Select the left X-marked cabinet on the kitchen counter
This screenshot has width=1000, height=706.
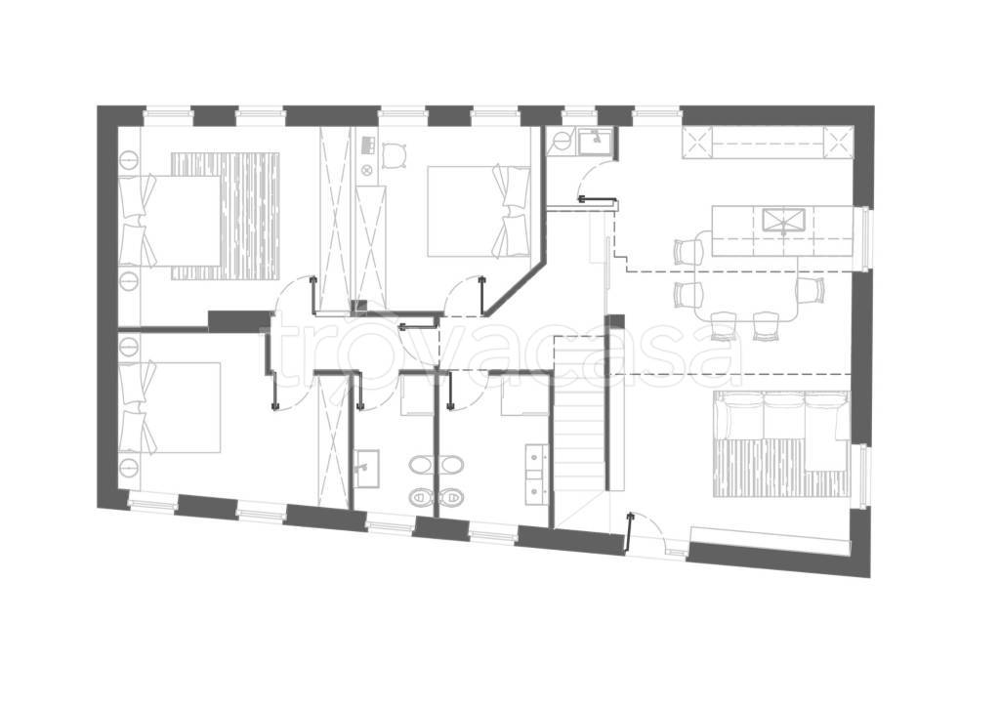tap(695, 142)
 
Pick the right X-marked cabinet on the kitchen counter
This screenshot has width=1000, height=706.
tap(836, 142)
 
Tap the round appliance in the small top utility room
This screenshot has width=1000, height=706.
tap(562, 141)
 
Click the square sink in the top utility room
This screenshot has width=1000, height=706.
tap(595, 141)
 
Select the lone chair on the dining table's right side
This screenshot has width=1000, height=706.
tap(810, 289)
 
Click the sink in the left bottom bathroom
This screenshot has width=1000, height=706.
tap(367, 468)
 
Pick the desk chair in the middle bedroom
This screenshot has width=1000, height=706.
tap(395, 155)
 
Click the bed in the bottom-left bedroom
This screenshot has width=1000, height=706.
tap(170, 407)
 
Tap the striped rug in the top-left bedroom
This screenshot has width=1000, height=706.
tap(250, 215)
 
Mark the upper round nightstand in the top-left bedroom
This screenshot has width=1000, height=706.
tap(129, 158)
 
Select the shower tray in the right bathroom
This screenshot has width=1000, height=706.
tap(524, 396)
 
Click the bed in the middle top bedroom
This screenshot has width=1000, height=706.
tap(479, 211)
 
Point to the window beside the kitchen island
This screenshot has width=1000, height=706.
tap(865, 236)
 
